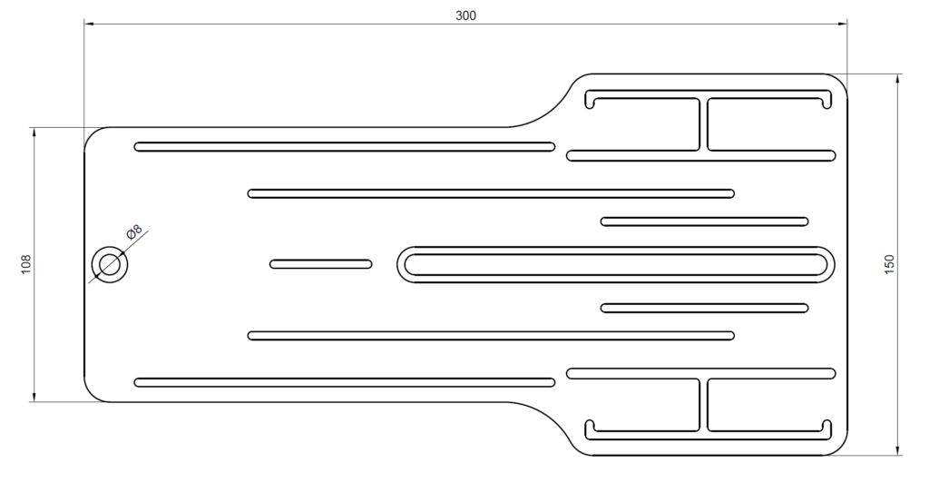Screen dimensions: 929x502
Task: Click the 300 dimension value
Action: [465, 16]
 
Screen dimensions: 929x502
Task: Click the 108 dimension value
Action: [25, 264]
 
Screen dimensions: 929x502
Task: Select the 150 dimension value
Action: [889, 264]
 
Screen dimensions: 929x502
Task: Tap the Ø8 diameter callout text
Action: [134, 231]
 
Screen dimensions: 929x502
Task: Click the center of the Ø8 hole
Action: [110, 264]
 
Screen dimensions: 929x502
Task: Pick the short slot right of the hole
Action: [321, 264]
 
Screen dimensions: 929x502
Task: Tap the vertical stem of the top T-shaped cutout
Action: [704, 124]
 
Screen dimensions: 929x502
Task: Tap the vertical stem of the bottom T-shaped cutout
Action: [704, 405]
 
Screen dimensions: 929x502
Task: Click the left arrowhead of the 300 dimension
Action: [90, 25]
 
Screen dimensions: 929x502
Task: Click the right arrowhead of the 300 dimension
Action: [842, 25]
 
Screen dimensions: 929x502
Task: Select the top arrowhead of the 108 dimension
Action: [34, 133]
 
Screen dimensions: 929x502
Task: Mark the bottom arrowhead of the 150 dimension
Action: [898, 450]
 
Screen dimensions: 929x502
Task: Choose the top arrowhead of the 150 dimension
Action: [898, 80]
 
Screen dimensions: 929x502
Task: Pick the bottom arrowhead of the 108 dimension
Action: [34, 397]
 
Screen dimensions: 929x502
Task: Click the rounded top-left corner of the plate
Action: [92, 134]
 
